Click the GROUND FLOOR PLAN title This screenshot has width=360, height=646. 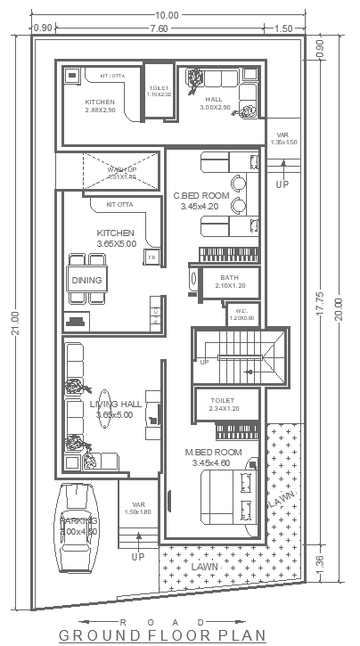click(x=163, y=635)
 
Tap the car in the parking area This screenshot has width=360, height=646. click(x=78, y=527)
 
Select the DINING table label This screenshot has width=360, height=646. click(x=87, y=281)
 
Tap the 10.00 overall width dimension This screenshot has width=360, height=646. click(x=167, y=15)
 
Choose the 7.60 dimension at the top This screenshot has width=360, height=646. click(x=159, y=29)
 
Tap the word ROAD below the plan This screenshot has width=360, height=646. click(x=162, y=621)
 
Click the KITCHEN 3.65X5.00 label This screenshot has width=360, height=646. click(x=115, y=238)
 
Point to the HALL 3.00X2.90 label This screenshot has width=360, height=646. click(x=215, y=103)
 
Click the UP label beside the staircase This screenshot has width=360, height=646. click(x=204, y=362)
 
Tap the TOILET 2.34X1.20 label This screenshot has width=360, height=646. click(x=223, y=405)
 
